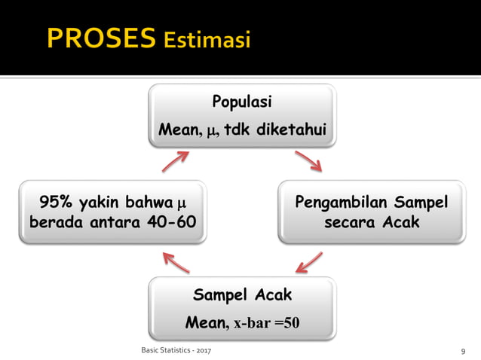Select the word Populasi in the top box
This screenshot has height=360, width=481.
[241, 102]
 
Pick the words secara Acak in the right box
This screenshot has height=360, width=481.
[371, 224]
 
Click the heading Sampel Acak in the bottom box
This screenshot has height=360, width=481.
[241, 294]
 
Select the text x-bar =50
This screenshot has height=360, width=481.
[267, 323]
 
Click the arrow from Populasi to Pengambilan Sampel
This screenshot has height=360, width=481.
[308, 160]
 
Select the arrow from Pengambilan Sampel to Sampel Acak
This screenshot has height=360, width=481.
[309, 262]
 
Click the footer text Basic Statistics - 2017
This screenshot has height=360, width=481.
[176, 351]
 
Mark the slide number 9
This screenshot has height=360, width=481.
[462, 352]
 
